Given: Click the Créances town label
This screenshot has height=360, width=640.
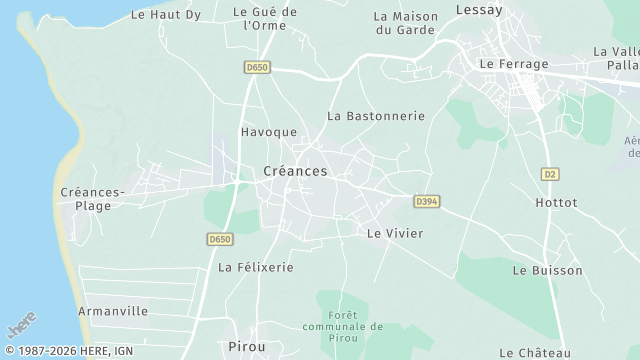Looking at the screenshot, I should pos(295,172).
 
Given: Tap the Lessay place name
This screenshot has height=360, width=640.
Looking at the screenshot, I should pos(478,9).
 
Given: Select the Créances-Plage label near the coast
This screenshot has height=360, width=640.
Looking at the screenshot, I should pos(92,199).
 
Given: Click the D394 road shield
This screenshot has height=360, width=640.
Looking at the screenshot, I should pos(427,202).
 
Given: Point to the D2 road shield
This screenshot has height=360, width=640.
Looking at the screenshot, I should pos(549,174).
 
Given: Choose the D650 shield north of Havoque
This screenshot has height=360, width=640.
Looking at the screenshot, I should pos(257,67).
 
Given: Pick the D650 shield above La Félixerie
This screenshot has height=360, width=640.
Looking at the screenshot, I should pos(221,239).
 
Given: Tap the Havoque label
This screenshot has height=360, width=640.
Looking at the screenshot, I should pos(269,132).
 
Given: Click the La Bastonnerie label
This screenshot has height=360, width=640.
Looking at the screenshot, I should pos(376,116).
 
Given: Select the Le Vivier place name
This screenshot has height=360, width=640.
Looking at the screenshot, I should pos(395,233).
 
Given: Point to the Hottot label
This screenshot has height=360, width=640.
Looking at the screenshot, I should pos(556,202).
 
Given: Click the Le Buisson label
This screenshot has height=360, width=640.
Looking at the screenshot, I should pos(547,271).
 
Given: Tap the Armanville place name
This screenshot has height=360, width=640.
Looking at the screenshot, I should pos(114,311).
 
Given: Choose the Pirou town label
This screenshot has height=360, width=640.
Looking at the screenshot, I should pos(247,346).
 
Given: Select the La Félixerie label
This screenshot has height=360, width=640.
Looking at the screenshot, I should pos(256,268).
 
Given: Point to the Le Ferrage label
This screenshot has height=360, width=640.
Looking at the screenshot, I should pos(514,64).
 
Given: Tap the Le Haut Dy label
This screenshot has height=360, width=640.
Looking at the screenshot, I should pos(166,14).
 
